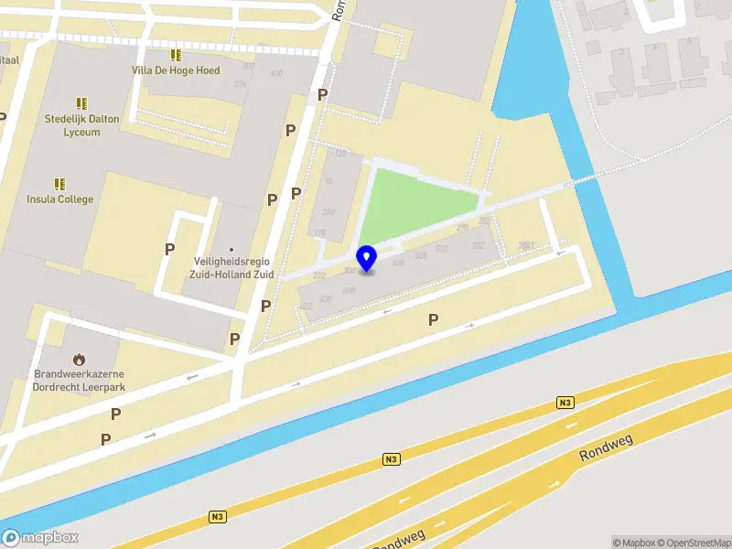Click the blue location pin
click(x=367, y=258)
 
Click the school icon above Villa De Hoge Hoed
click(x=176, y=55)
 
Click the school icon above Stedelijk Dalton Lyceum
click(x=81, y=103)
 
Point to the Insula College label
click(x=60, y=199)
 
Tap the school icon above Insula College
click(x=60, y=184)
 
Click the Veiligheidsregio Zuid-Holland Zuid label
click(x=231, y=267)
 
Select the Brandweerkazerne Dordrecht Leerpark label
click(x=80, y=380)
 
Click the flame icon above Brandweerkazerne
click(x=80, y=360)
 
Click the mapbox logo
click(x=40, y=538)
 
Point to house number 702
click(x=478, y=245)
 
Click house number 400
click(x=276, y=73)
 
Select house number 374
click(x=240, y=84)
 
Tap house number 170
click(x=319, y=234)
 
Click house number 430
click(x=326, y=298)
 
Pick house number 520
click(x=442, y=249)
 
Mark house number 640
click(x=349, y=290)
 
